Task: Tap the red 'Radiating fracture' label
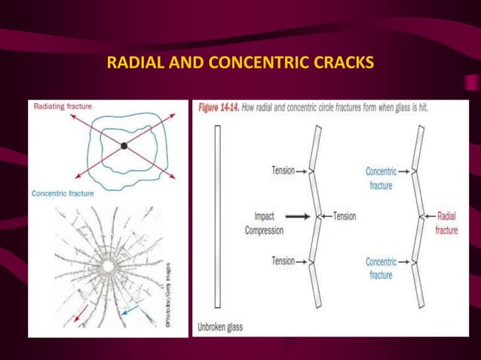[63, 107]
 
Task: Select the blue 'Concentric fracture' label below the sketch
[63, 194]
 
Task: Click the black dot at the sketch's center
[124, 145]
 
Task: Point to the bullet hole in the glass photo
[112, 267]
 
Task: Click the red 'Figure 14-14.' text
[219, 108]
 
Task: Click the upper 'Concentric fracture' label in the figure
[381, 178]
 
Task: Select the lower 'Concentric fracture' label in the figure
[381, 269]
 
